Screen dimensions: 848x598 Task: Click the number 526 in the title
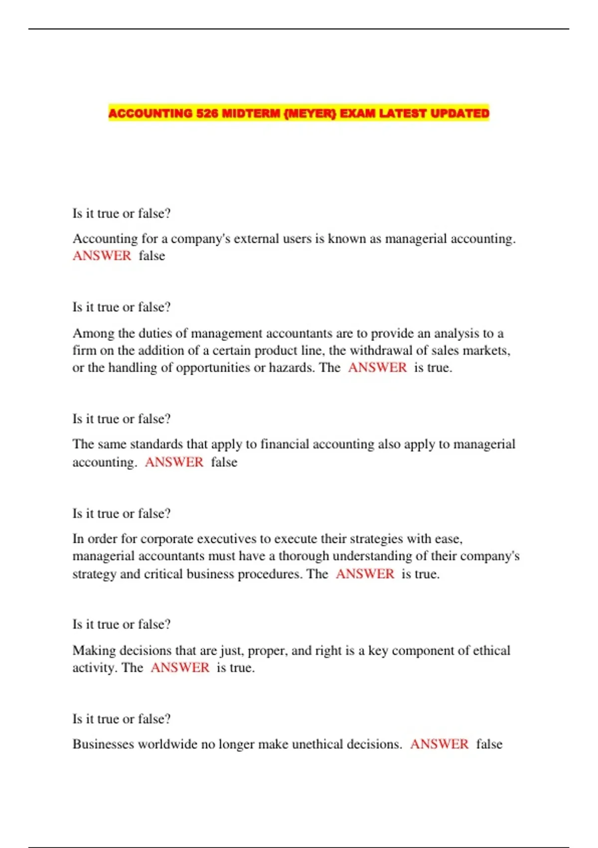207,113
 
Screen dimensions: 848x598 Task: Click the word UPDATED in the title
459,113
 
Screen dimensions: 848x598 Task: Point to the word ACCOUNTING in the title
150,113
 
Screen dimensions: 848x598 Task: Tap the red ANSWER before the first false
102,256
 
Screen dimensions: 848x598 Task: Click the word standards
156,444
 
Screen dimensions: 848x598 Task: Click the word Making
94,650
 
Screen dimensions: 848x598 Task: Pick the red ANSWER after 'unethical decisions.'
439,744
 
